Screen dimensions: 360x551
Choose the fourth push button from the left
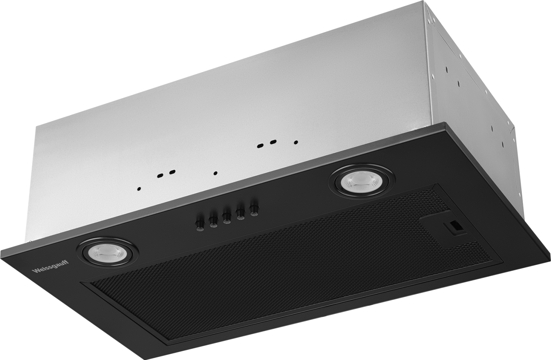click(240, 213)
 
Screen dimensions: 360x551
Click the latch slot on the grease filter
click(454, 227)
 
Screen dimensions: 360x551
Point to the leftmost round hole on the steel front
click(139, 188)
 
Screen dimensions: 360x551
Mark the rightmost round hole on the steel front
click(295, 142)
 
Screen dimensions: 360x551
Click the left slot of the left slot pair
click(160, 176)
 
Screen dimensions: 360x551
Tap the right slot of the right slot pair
click(273, 141)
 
